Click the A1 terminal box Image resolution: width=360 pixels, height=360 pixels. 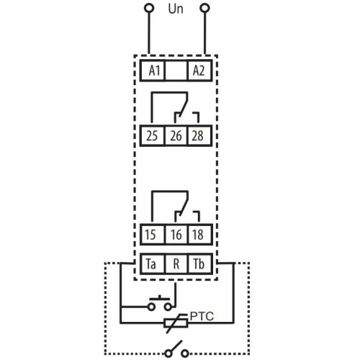[x=153, y=71]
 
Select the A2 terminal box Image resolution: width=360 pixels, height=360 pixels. [x=199, y=71]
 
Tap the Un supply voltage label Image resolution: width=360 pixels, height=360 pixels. [x=176, y=9]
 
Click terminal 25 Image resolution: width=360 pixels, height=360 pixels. [x=153, y=135]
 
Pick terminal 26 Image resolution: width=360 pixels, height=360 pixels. [x=176, y=135]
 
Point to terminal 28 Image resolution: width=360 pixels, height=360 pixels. [x=199, y=135]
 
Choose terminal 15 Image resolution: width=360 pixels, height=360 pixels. [x=153, y=235]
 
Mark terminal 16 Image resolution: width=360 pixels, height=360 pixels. [x=176, y=235]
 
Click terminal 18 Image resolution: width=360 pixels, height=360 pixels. [x=200, y=235]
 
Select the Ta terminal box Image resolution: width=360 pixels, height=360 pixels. [x=153, y=264]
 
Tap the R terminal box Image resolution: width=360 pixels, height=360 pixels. [x=176, y=264]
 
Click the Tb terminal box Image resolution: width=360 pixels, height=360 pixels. [x=200, y=264]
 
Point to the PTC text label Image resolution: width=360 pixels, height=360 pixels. [x=202, y=316]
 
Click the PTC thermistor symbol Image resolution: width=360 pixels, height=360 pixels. [x=176, y=323]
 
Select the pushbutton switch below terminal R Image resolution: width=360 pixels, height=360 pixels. [x=160, y=304]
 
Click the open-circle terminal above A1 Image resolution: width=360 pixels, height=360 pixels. [x=149, y=8]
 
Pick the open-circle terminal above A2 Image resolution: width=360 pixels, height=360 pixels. [x=204, y=8]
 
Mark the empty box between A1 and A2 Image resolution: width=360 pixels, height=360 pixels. [x=176, y=71]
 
